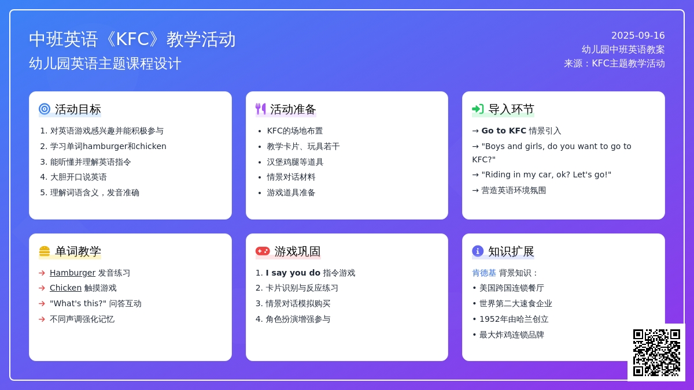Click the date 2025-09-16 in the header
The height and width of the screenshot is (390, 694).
(638, 36)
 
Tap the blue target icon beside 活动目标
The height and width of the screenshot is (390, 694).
(45, 109)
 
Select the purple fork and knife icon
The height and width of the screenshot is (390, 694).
(261, 109)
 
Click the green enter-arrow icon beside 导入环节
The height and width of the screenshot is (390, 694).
(478, 109)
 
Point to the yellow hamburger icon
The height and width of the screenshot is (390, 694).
(45, 251)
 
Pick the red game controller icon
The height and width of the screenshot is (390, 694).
(263, 251)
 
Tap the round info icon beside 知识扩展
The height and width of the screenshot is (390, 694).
(478, 251)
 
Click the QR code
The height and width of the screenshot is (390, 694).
(656, 352)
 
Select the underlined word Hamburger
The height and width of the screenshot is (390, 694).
(72, 273)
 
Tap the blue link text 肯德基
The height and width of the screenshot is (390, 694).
(484, 273)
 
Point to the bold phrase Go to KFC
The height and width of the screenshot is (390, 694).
(504, 131)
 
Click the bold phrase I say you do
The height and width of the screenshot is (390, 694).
(293, 273)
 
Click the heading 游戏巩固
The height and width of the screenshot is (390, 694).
(297, 251)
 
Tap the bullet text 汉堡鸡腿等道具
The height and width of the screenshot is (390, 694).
(295, 162)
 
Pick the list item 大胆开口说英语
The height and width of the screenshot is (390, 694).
(79, 177)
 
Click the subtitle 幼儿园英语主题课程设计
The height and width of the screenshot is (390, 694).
(105, 64)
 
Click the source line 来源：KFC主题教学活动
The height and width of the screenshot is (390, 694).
(614, 63)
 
